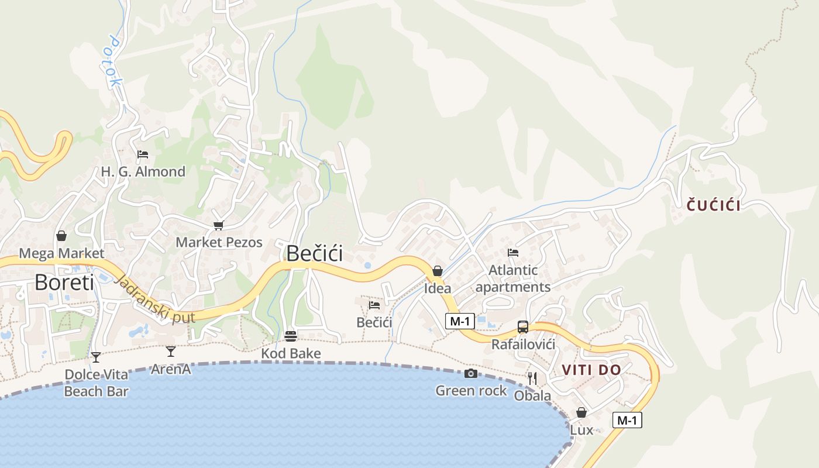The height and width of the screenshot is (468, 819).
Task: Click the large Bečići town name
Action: [x=314, y=253]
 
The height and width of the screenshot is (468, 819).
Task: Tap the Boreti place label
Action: [x=64, y=282]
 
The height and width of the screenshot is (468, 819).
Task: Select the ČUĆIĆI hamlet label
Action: [x=714, y=205]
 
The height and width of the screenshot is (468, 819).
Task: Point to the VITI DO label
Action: [x=591, y=370]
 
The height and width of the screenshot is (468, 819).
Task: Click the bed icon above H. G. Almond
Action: [x=143, y=154]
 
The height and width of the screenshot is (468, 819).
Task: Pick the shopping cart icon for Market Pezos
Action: [x=219, y=225]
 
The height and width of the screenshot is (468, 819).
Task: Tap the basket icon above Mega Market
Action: [x=61, y=236]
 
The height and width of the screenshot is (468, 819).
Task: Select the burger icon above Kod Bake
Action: [x=291, y=336]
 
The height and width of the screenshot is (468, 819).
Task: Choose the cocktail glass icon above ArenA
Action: [x=171, y=351]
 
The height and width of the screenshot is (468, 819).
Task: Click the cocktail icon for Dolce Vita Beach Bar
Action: [x=96, y=357]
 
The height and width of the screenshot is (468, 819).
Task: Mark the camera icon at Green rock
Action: [x=471, y=374]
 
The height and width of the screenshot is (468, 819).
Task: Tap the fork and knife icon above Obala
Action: [x=532, y=378]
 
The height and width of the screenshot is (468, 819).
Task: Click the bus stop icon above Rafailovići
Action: [x=523, y=327]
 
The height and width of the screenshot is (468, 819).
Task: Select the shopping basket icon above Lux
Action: [x=581, y=412]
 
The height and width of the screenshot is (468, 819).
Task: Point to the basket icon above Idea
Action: [x=437, y=271]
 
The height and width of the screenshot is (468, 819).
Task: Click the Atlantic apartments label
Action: [x=513, y=278]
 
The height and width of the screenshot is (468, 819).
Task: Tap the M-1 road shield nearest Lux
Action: [x=627, y=419]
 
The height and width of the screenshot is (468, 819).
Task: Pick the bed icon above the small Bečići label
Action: [x=374, y=305]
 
